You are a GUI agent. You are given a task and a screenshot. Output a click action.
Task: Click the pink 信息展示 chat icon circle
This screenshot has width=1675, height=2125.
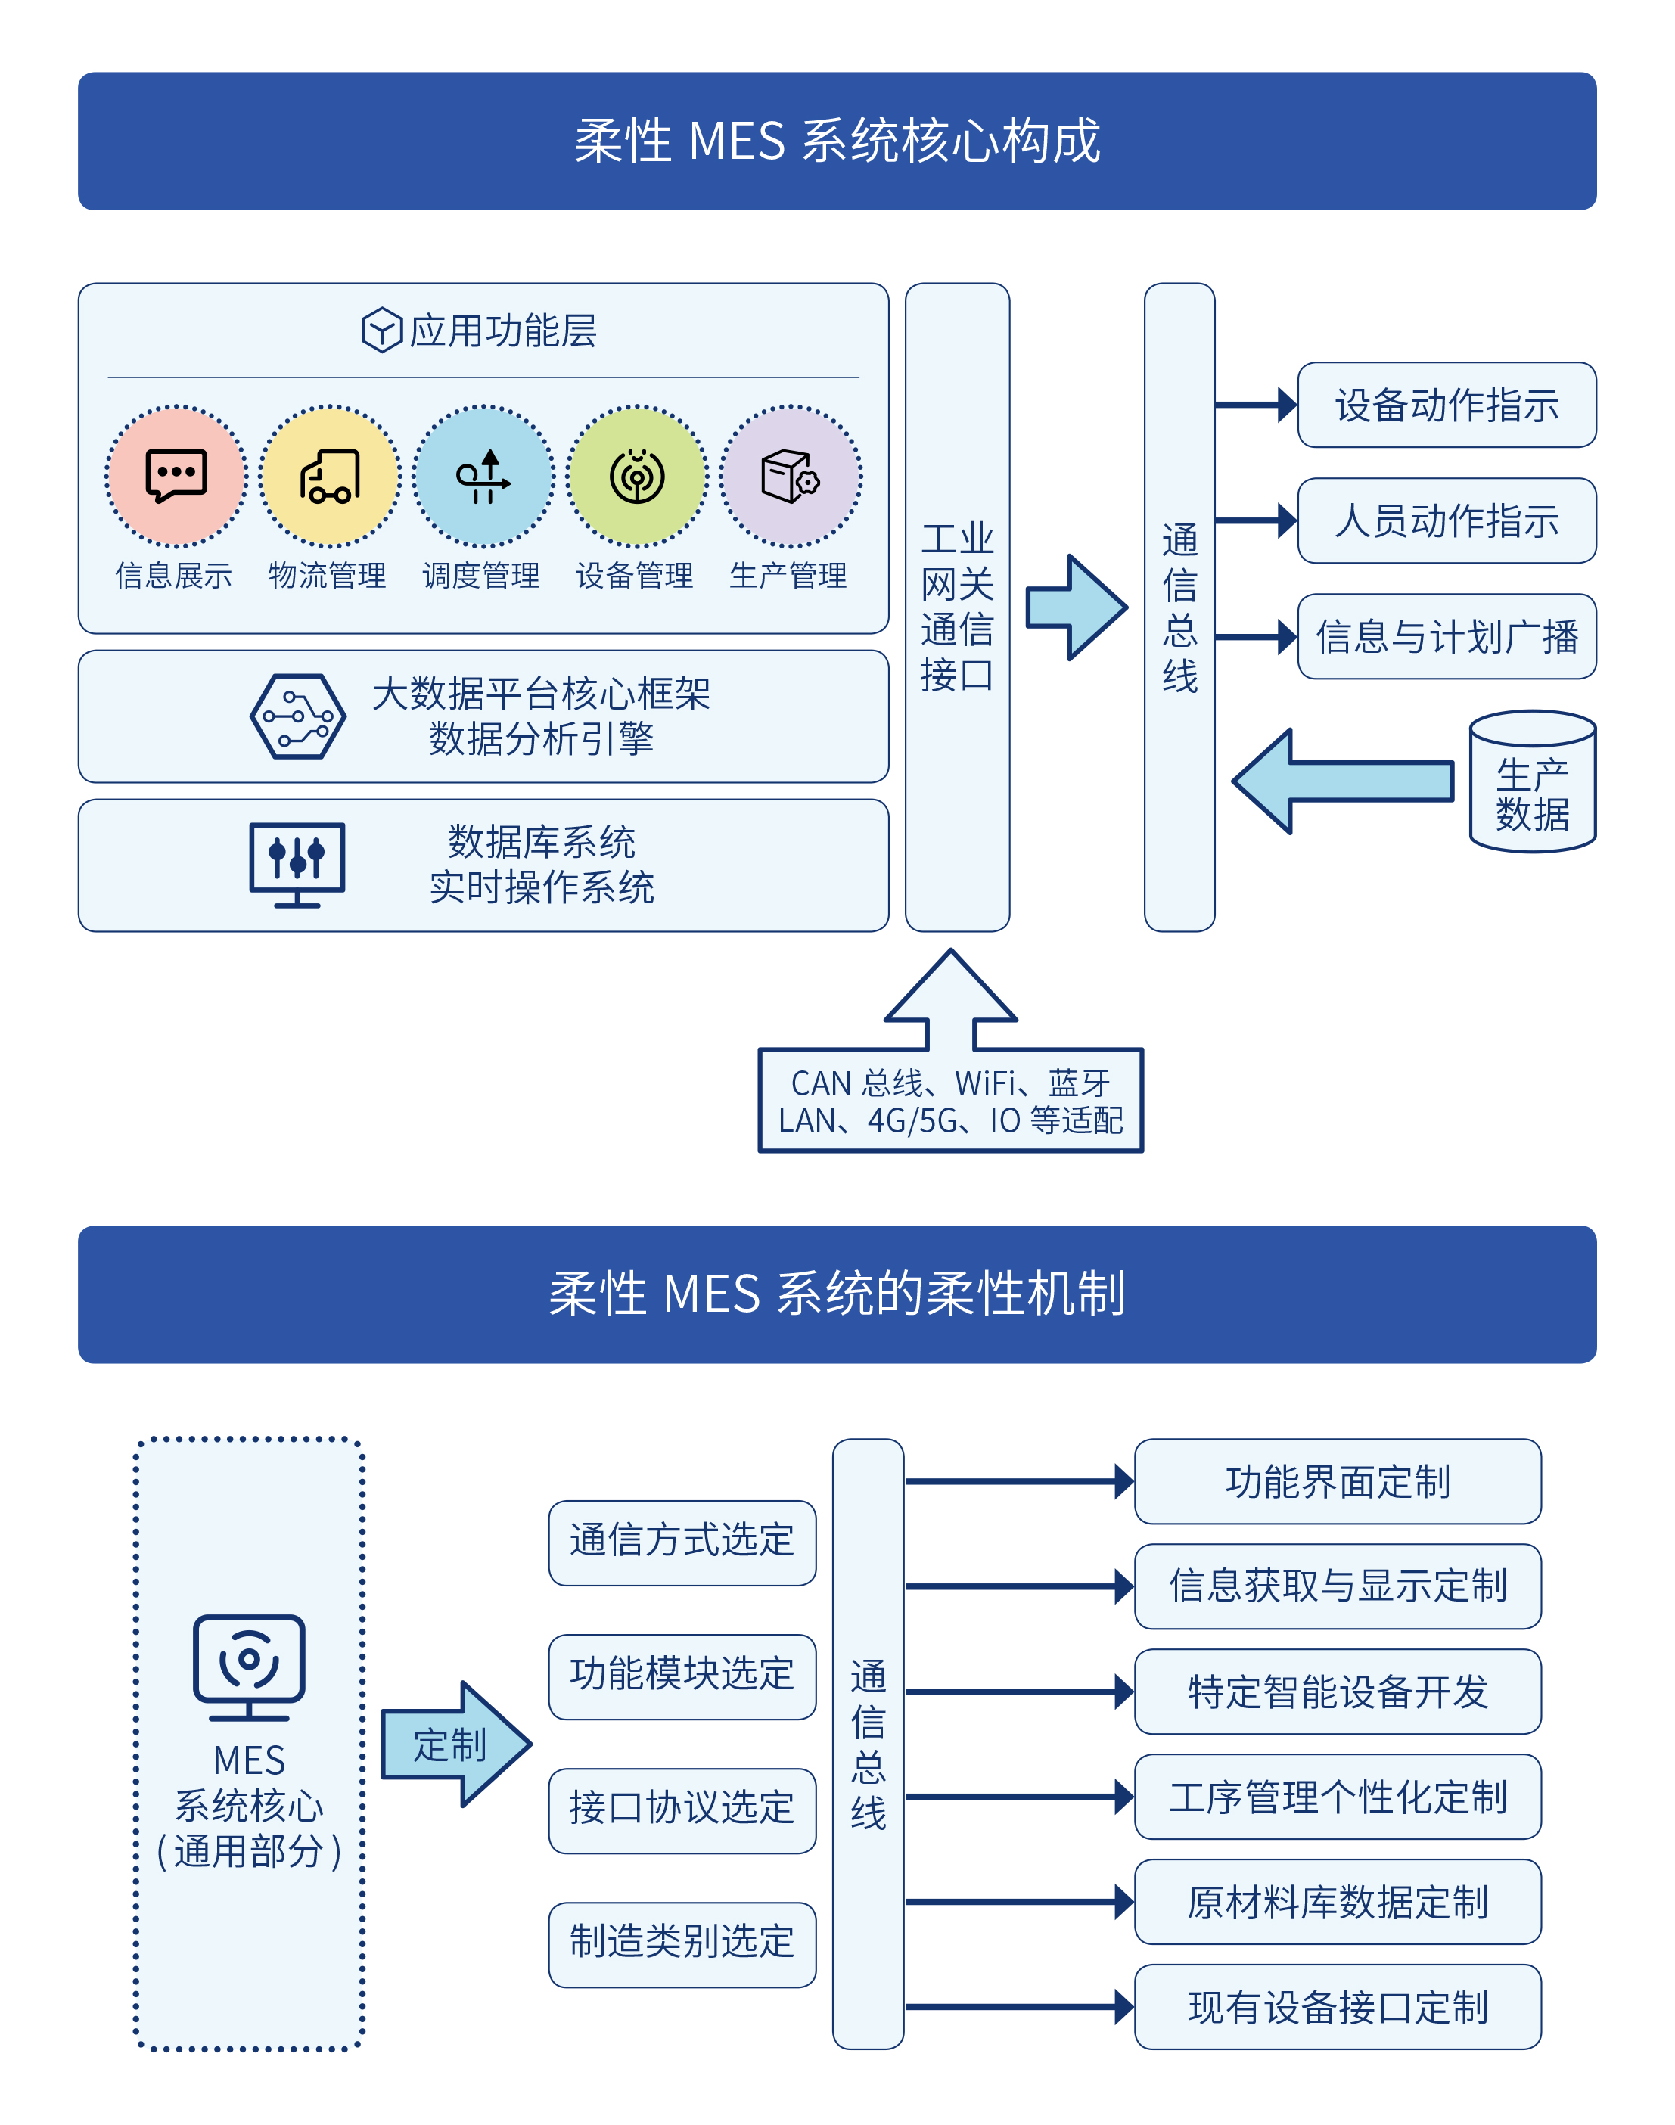pyautogui.click(x=176, y=477)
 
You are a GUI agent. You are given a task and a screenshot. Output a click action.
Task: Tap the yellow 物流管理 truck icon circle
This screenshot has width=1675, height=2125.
pyautogui.click(x=330, y=477)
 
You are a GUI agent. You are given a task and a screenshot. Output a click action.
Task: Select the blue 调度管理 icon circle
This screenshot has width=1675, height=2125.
pyautogui.click(x=483, y=477)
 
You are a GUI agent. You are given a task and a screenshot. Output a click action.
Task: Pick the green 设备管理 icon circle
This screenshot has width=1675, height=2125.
pyautogui.click(x=638, y=477)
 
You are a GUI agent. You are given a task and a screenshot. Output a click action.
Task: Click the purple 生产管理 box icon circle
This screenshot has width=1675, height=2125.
pyautogui.click(x=791, y=477)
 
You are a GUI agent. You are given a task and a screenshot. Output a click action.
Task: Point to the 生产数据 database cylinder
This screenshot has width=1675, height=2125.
pyautogui.click(x=1532, y=782)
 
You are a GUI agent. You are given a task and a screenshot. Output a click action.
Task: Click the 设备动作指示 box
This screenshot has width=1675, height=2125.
pyautogui.click(x=1446, y=405)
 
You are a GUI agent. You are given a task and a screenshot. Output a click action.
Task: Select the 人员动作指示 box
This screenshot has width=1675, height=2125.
pyautogui.click(x=1446, y=520)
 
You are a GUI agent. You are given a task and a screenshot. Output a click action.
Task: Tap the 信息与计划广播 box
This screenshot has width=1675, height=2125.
pyautogui.click(x=1446, y=636)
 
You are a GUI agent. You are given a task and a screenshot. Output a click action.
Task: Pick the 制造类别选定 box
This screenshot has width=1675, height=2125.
pyautogui.click(x=682, y=1943)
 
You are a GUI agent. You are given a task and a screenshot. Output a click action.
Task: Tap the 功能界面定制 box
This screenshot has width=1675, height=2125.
pyautogui.click(x=1337, y=1482)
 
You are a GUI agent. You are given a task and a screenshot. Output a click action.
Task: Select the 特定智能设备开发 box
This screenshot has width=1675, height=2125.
pyautogui.click(x=1337, y=1692)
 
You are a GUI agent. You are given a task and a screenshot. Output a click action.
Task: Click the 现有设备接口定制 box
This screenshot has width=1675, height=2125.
pyautogui.click(x=1337, y=2006)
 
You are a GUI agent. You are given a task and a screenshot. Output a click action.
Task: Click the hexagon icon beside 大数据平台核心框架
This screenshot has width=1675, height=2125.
pyautogui.click(x=297, y=716)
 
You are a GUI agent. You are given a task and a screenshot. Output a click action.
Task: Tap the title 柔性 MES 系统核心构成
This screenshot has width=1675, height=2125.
pyautogui.click(x=837, y=141)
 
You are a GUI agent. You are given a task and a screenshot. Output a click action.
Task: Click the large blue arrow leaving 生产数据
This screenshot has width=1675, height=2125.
pyautogui.click(x=1344, y=781)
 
